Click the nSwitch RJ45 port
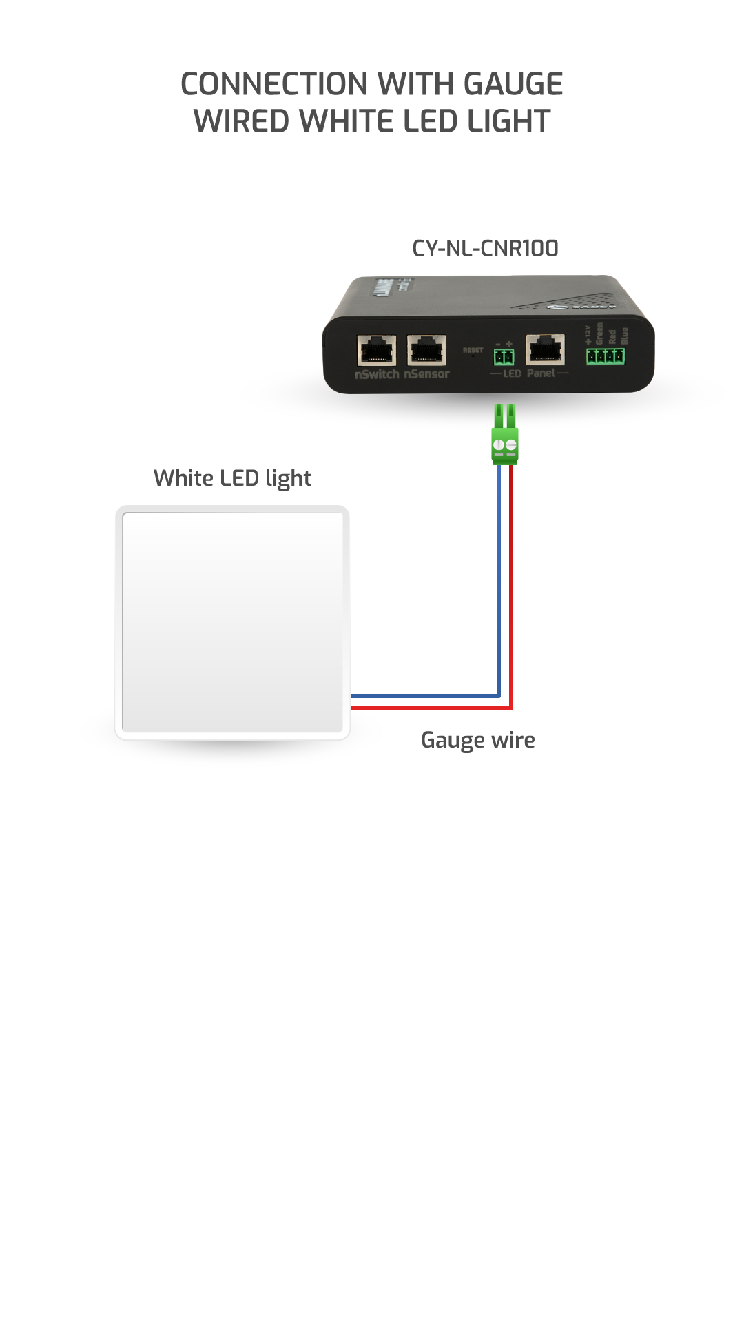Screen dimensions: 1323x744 (376, 350)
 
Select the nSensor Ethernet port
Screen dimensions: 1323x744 (426, 350)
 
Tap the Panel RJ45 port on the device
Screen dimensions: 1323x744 (545, 349)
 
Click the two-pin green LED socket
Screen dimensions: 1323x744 (504, 356)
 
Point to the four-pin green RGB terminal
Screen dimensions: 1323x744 (606, 356)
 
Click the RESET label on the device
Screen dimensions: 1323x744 (473, 350)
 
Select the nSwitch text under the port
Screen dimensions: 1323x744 (377, 374)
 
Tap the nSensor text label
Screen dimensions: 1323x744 (426, 374)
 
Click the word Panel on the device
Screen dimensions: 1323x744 (541, 373)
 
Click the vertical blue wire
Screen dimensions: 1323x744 (499, 579)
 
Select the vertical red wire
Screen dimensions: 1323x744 (511, 579)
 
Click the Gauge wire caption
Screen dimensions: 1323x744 (477, 740)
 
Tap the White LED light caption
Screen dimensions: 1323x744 (232, 478)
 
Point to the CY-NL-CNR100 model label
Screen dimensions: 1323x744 (485, 248)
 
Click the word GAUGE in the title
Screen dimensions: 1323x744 (513, 84)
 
